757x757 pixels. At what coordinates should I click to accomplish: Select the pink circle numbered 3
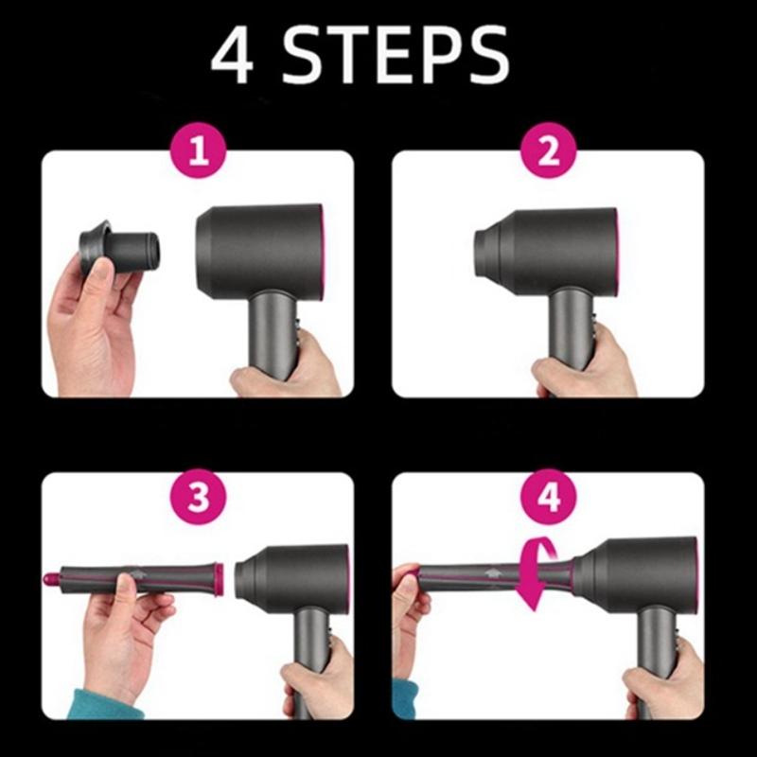coord(198,500)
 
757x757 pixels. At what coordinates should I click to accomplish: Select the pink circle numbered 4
coord(549,500)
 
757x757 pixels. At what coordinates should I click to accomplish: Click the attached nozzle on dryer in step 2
coord(493,249)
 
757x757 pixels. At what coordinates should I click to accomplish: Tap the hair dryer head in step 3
coord(293,572)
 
